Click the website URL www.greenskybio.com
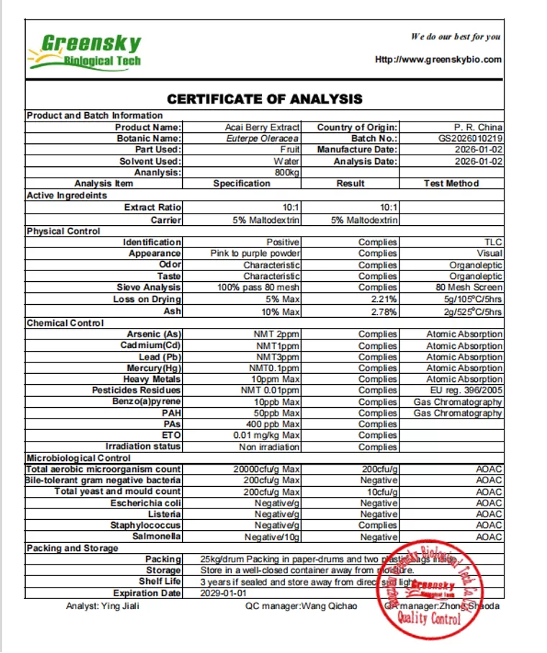pyautogui.click(x=438, y=60)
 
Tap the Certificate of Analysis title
pyautogui.click(x=265, y=99)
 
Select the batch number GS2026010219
pyautogui.click(x=471, y=138)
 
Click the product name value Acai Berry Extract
pyautogui.click(x=262, y=127)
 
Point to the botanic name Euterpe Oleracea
pyautogui.click(x=263, y=138)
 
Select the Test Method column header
pyautogui.click(x=451, y=183)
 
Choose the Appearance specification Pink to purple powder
pyautogui.click(x=256, y=253)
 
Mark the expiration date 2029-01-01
pyautogui.click(x=223, y=593)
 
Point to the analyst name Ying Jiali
pyautogui.click(x=102, y=606)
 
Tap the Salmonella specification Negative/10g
pyautogui.click(x=272, y=537)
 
